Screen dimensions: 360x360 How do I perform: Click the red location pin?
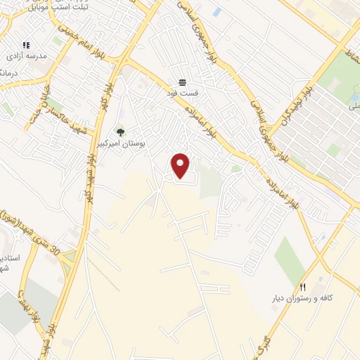coord(181,166)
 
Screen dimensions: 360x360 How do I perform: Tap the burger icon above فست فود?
coord(182,82)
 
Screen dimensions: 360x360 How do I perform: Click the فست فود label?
coord(182,92)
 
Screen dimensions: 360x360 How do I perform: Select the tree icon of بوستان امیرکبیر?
coord(120,131)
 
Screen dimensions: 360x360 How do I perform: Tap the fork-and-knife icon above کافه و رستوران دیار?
coord(303,287)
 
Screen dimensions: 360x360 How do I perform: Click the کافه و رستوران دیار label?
coord(302,298)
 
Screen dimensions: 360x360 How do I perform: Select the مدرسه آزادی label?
coord(26,56)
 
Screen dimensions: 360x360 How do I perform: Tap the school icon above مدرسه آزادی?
coord(26,45)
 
